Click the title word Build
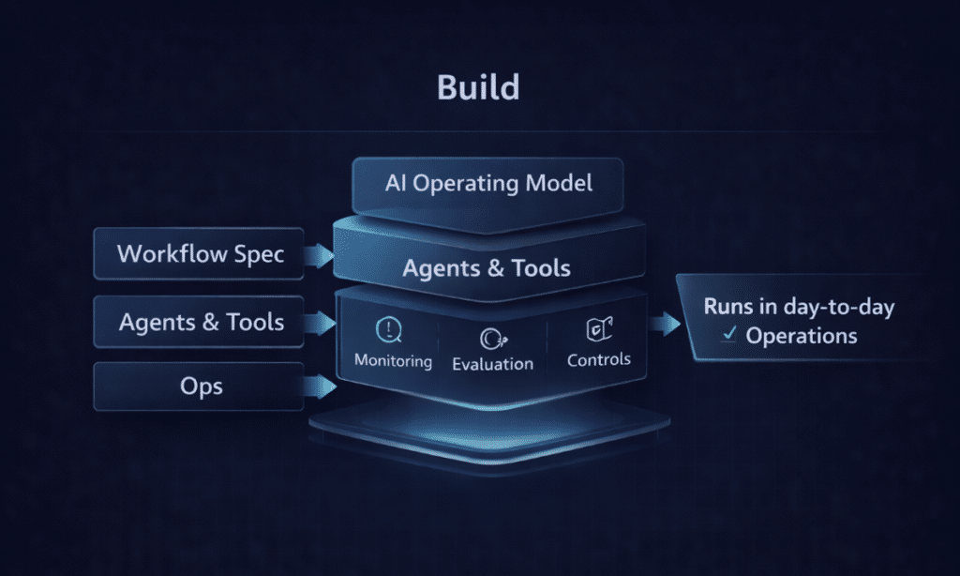tap(478, 87)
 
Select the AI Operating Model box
tap(488, 183)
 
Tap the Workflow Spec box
tap(200, 253)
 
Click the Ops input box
tap(198, 386)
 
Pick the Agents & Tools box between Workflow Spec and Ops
tap(200, 322)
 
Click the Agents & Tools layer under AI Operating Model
tap(487, 268)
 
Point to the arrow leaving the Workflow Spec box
tap(322, 253)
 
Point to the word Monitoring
tap(393, 360)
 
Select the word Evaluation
tap(492, 364)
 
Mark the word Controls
tap(599, 359)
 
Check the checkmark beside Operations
tap(727, 336)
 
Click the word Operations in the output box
tap(801, 336)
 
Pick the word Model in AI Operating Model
tap(558, 182)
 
